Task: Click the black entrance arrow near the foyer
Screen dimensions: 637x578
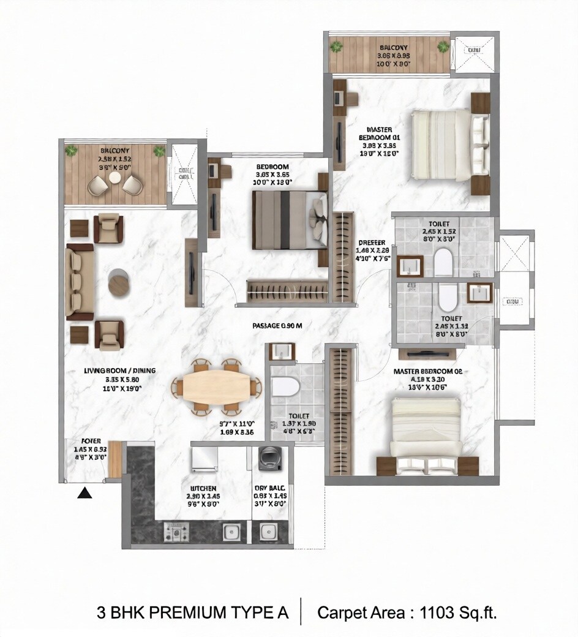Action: click(x=85, y=492)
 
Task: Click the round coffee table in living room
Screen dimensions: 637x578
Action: click(x=119, y=282)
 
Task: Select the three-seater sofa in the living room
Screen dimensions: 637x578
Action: click(x=79, y=282)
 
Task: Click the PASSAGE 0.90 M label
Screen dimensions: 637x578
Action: click(x=277, y=326)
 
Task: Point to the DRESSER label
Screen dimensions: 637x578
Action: click(x=372, y=243)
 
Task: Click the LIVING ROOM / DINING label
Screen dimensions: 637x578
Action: click(x=120, y=371)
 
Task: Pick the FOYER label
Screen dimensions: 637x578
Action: click(x=91, y=440)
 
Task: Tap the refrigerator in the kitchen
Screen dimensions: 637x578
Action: click(x=205, y=458)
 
